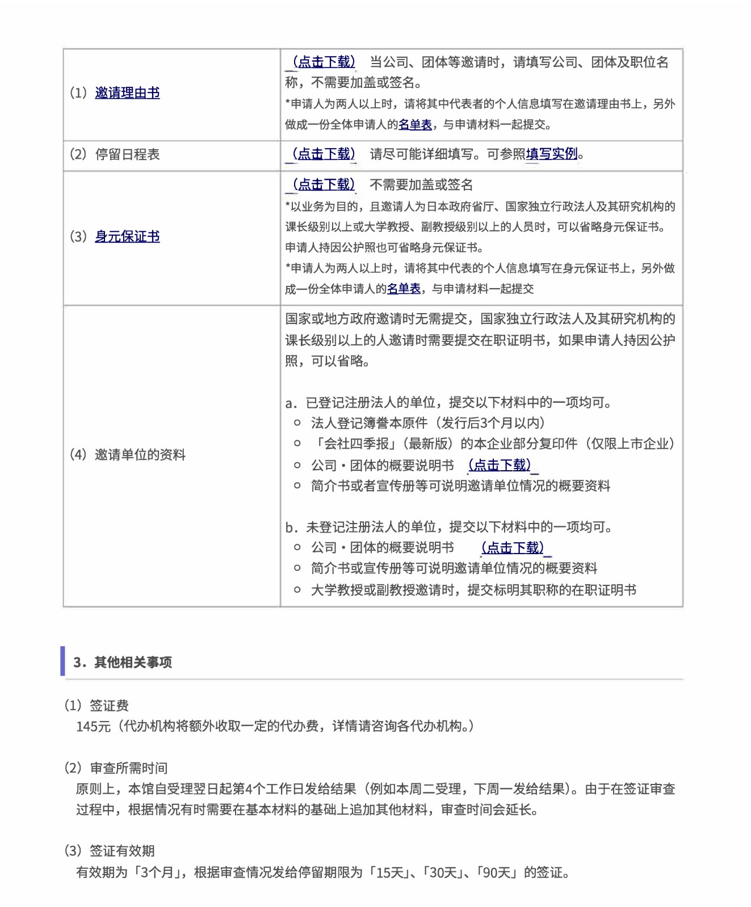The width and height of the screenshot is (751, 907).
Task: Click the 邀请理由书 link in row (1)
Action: pos(127,92)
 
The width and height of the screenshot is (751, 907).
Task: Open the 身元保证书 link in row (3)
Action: pos(127,236)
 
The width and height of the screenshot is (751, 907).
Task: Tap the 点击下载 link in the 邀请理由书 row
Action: pos(324,62)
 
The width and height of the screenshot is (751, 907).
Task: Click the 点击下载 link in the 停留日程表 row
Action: pos(324,154)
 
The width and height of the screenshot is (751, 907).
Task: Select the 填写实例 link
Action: pos(551,154)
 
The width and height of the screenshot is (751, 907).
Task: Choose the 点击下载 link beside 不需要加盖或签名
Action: pos(324,184)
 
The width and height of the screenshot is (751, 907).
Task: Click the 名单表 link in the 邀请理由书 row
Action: pos(415,124)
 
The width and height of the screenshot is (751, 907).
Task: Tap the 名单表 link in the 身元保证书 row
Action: pos(404,289)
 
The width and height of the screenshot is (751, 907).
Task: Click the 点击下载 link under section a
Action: pos(500,465)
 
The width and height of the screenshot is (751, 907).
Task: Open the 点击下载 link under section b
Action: pos(513,547)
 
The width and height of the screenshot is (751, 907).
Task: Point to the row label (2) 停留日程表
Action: pos(115,154)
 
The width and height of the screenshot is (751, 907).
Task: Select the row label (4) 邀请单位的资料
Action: pos(128,454)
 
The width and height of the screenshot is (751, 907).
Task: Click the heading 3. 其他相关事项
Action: pos(123,662)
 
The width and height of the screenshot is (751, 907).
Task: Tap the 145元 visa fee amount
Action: pos(93,727)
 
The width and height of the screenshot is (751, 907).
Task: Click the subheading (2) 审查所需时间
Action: pos(116,768)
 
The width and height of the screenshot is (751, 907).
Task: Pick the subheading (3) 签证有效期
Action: pos(110,851)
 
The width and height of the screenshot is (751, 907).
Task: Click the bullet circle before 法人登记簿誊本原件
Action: pos(297,423)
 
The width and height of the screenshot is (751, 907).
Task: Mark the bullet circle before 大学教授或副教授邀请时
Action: pos(297,590)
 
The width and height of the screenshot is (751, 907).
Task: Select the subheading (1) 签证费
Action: pos(97,706)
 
